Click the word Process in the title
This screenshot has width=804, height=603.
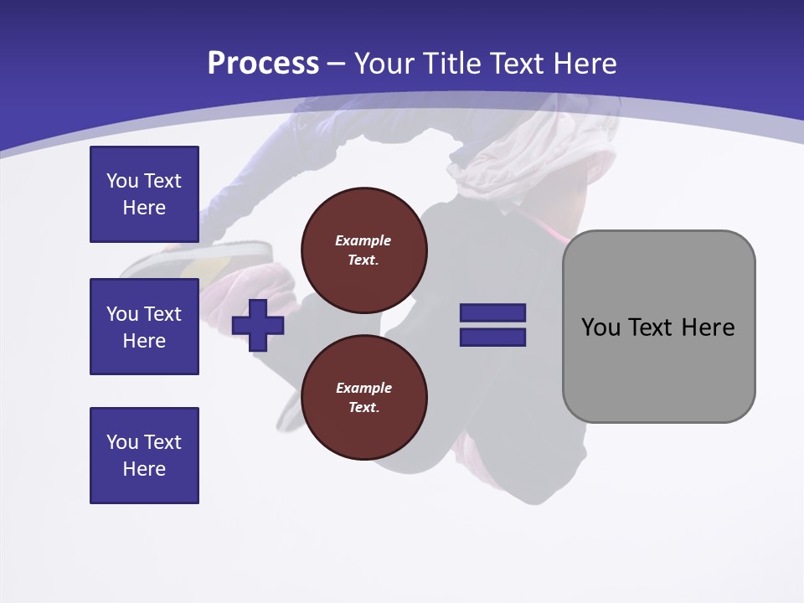pyautogui.click(x=263, y=64)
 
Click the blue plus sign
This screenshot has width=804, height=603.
pyautogui.click(x=258, y=325)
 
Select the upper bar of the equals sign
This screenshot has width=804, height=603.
pyautogui.click(x=492, y=312)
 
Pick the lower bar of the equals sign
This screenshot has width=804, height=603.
pyautogui.click(x=492, y=338)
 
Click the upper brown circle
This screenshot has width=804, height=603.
pyautogui.click(x=363, y=250)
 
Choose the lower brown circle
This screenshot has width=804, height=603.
pyautogui.click(x=363, y=398)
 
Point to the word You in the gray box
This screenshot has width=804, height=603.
pyautogui.click(x=600, y=327)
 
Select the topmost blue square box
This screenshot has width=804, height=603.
pyautogui.click(x=144, y=194)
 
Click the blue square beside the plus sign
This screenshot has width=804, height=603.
pyautogui.click(x=144, y=327)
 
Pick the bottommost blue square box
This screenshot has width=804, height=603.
pyautogui.click(x=144, y=456)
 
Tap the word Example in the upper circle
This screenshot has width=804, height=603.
pyautogui.click(x=363, y=240)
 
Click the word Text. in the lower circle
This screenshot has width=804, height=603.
pyautogui.click(x=363, y=408)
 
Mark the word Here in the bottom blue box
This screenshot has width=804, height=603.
pyautogui.click(x=144, y=469)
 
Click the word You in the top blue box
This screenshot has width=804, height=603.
pyautogui.click(x=122, y=181)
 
